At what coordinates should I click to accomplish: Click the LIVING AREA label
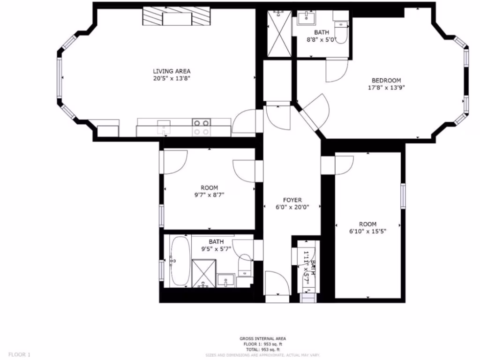[172, 71]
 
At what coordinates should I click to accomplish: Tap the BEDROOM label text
[386, 81]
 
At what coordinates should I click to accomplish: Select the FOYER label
[292, 200]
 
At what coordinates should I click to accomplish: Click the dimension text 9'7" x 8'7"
[209, 195]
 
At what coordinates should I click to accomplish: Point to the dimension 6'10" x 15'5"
[367, 231]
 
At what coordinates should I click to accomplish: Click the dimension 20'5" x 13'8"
[172, 78]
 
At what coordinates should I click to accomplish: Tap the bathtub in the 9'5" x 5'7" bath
[180, 261]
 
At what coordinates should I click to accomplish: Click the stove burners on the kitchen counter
[202, 127]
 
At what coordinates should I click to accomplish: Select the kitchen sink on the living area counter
[163, 127]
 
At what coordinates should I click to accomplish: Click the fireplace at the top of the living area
[176, 17]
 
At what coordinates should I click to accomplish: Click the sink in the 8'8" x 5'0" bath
[307, 19]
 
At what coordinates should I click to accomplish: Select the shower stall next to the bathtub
[203, 273]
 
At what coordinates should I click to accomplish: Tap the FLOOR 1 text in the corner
[20, 354]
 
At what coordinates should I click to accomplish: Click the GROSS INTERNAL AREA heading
[262, 338]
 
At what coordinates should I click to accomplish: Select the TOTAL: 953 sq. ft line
[262, 349]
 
